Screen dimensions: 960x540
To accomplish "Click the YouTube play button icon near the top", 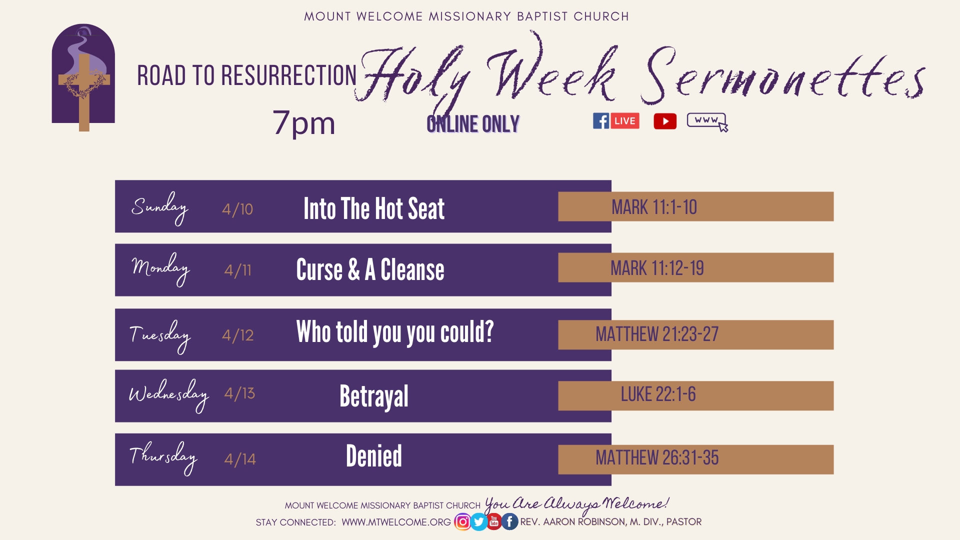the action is click(x=665, y=121).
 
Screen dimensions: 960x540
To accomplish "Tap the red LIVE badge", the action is click(x=625, y=121).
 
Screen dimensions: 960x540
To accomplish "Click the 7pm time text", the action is click(x=304, y=123).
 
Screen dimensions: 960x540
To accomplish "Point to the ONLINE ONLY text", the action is click(x=473, y=124).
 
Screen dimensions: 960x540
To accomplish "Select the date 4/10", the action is click(x=237, y=209).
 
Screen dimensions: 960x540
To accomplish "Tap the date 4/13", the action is click(x=239, y=393).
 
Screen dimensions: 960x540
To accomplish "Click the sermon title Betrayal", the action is click(x=374, y=397).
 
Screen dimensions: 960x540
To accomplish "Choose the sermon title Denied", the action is click(x=374, y=456).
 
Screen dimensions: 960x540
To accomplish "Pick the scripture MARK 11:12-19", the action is click(x=657, y=268).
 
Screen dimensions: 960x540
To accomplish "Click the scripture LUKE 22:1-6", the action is click(x=658, y=394).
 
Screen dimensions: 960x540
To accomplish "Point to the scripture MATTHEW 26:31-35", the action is click(x=657, y=458).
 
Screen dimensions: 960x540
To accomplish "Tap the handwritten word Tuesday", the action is click(x=160, y=336).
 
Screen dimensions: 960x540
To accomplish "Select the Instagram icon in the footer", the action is click(x=462, y=522).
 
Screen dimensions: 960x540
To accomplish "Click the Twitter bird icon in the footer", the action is click(x=478, y=522).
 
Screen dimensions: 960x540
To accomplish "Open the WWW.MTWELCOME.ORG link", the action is click(x=396, y=522).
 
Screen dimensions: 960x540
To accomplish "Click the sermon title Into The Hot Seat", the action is click(x=374, y=209).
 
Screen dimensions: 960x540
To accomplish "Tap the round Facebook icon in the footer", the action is click(x=509, y=522).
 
